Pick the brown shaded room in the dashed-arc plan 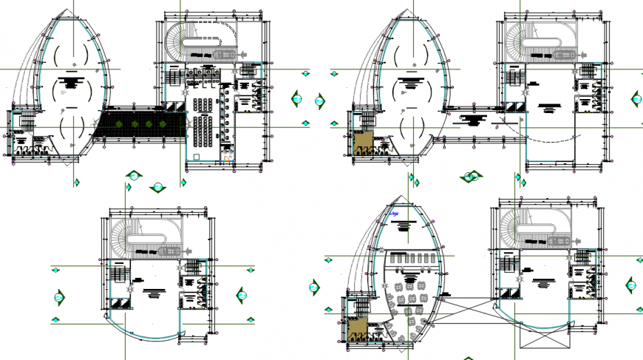363,141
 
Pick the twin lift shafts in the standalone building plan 119,304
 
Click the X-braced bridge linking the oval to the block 467,309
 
